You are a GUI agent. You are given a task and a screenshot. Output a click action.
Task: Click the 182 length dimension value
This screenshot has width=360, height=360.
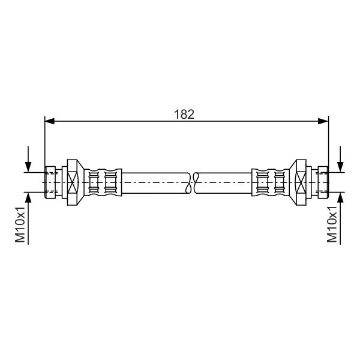tap(184, 115)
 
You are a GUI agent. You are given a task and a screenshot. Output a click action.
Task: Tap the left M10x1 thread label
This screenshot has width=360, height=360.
tap(20, 224)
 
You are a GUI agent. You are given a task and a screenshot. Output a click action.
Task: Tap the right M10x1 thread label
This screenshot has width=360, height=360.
tap(332, 224)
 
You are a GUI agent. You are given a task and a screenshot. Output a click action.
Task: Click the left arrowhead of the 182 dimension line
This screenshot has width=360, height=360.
tap(50, 121)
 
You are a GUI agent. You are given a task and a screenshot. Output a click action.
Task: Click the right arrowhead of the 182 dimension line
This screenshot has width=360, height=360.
tap(323, 121)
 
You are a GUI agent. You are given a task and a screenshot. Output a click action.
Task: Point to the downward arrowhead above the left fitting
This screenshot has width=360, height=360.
tap(28, 167)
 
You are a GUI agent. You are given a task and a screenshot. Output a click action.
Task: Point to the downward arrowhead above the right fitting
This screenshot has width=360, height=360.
tap(340, 167)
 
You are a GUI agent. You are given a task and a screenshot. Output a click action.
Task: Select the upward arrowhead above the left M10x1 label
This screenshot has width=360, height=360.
tap(28, 197)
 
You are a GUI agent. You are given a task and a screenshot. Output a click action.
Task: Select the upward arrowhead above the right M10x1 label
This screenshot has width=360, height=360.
tap(340, 197)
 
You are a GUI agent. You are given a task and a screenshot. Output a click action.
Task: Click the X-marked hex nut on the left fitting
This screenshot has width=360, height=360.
tap(73, 182)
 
